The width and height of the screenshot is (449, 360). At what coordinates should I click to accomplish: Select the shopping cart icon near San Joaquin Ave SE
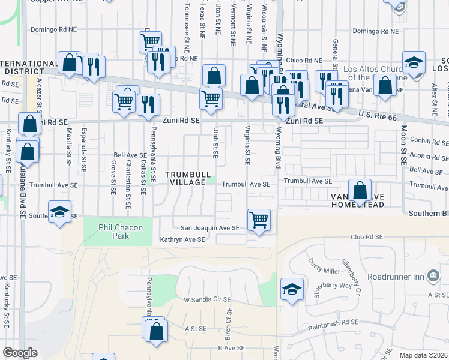pyautogui.click(x=259, y=220)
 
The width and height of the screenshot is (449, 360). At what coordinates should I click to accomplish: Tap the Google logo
pyautogui.click(x=20, y=353)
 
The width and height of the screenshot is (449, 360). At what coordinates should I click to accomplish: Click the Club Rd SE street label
pyautogui.click(x=367, y=237)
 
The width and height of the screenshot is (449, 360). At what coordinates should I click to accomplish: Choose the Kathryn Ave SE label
pyautogui.click(x=182, y=239)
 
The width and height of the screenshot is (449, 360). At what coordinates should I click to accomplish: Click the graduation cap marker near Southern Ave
pyautogui.click(x=60, y=212)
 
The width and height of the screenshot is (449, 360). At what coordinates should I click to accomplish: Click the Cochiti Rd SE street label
pyautogui.click(x=429, y=142)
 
